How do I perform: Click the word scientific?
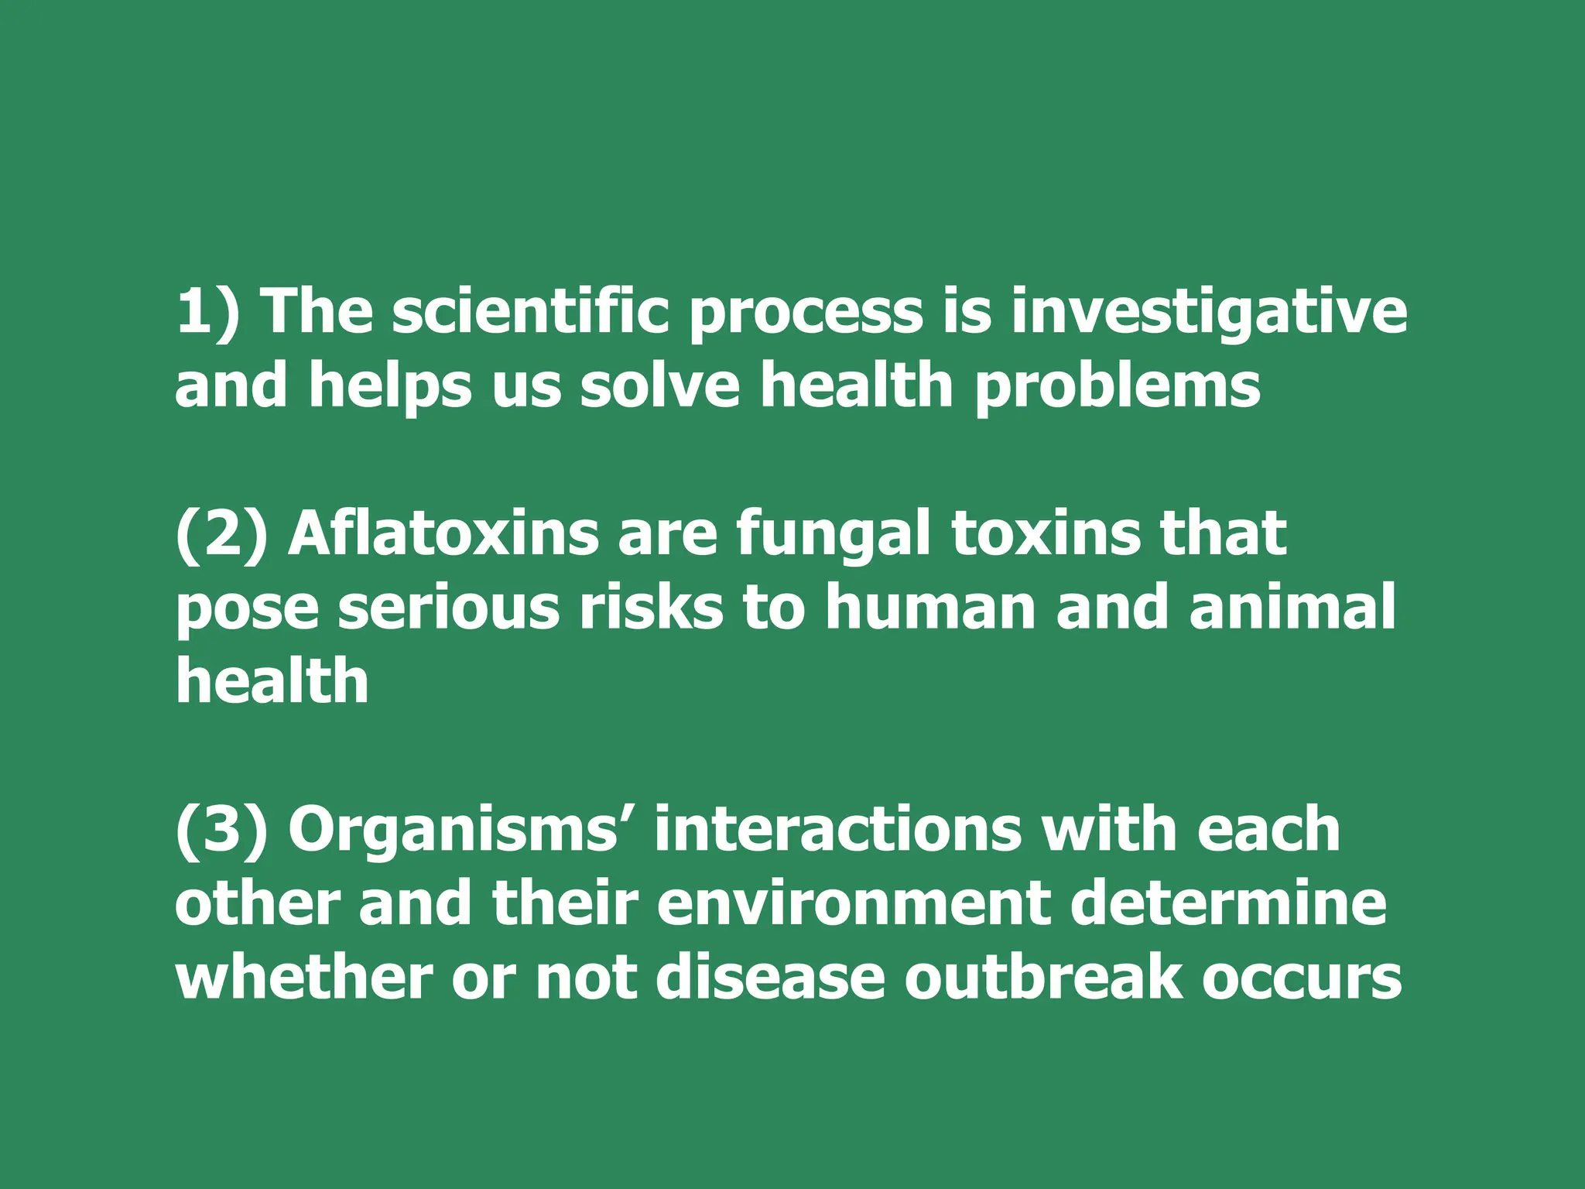(x=530, y=311)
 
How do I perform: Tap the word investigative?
(x=1209, y=311)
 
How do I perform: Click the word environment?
(x=853, y=904)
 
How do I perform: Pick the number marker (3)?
(x=221, y=830)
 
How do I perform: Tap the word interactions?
(x=837, y=830)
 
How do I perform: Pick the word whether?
(x=303, y=977)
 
